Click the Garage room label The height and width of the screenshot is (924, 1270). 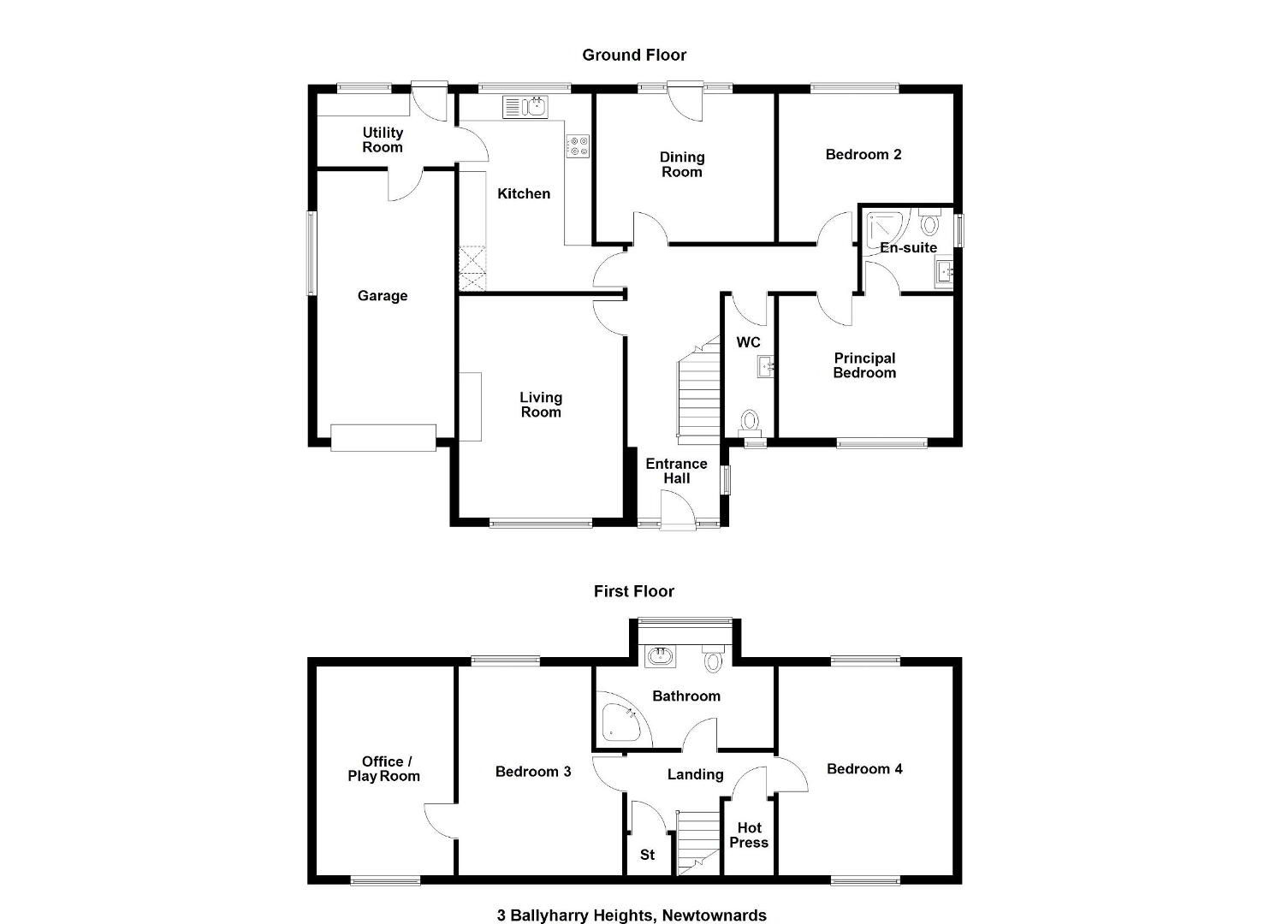(383, 296)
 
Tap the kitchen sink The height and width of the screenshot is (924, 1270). (525, 107)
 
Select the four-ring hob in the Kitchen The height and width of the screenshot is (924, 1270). (578, 146)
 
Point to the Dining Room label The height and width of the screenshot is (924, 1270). (682, 164)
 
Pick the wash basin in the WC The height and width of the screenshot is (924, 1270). (765, 367)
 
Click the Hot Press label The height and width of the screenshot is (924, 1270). (749, 835)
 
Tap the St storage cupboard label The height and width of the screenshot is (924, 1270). (648, 855)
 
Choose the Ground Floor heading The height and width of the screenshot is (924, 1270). (634, 55)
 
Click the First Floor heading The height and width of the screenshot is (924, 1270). (634, 591)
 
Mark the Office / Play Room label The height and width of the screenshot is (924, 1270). (384, 768)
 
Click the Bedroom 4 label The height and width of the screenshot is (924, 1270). (864, 769)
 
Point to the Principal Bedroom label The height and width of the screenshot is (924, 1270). (864, 365)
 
